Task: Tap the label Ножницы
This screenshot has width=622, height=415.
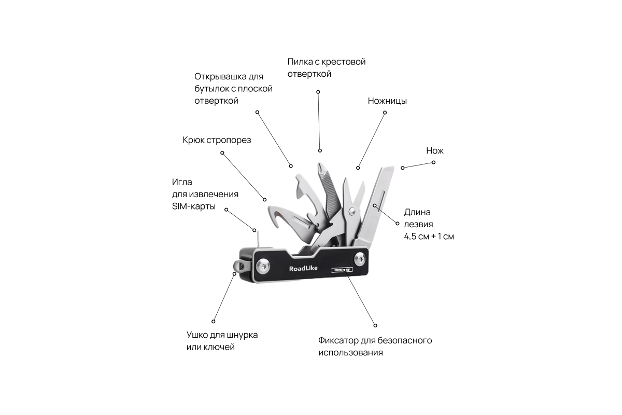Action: [x=387, y=101]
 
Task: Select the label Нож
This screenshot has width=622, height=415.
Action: [x=435, y=151]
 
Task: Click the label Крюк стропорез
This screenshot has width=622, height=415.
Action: [x=217, y=140]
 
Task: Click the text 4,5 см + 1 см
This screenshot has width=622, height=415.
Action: [x=429, y=236]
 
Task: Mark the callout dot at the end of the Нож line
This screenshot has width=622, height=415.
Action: [x=434, y=162]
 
